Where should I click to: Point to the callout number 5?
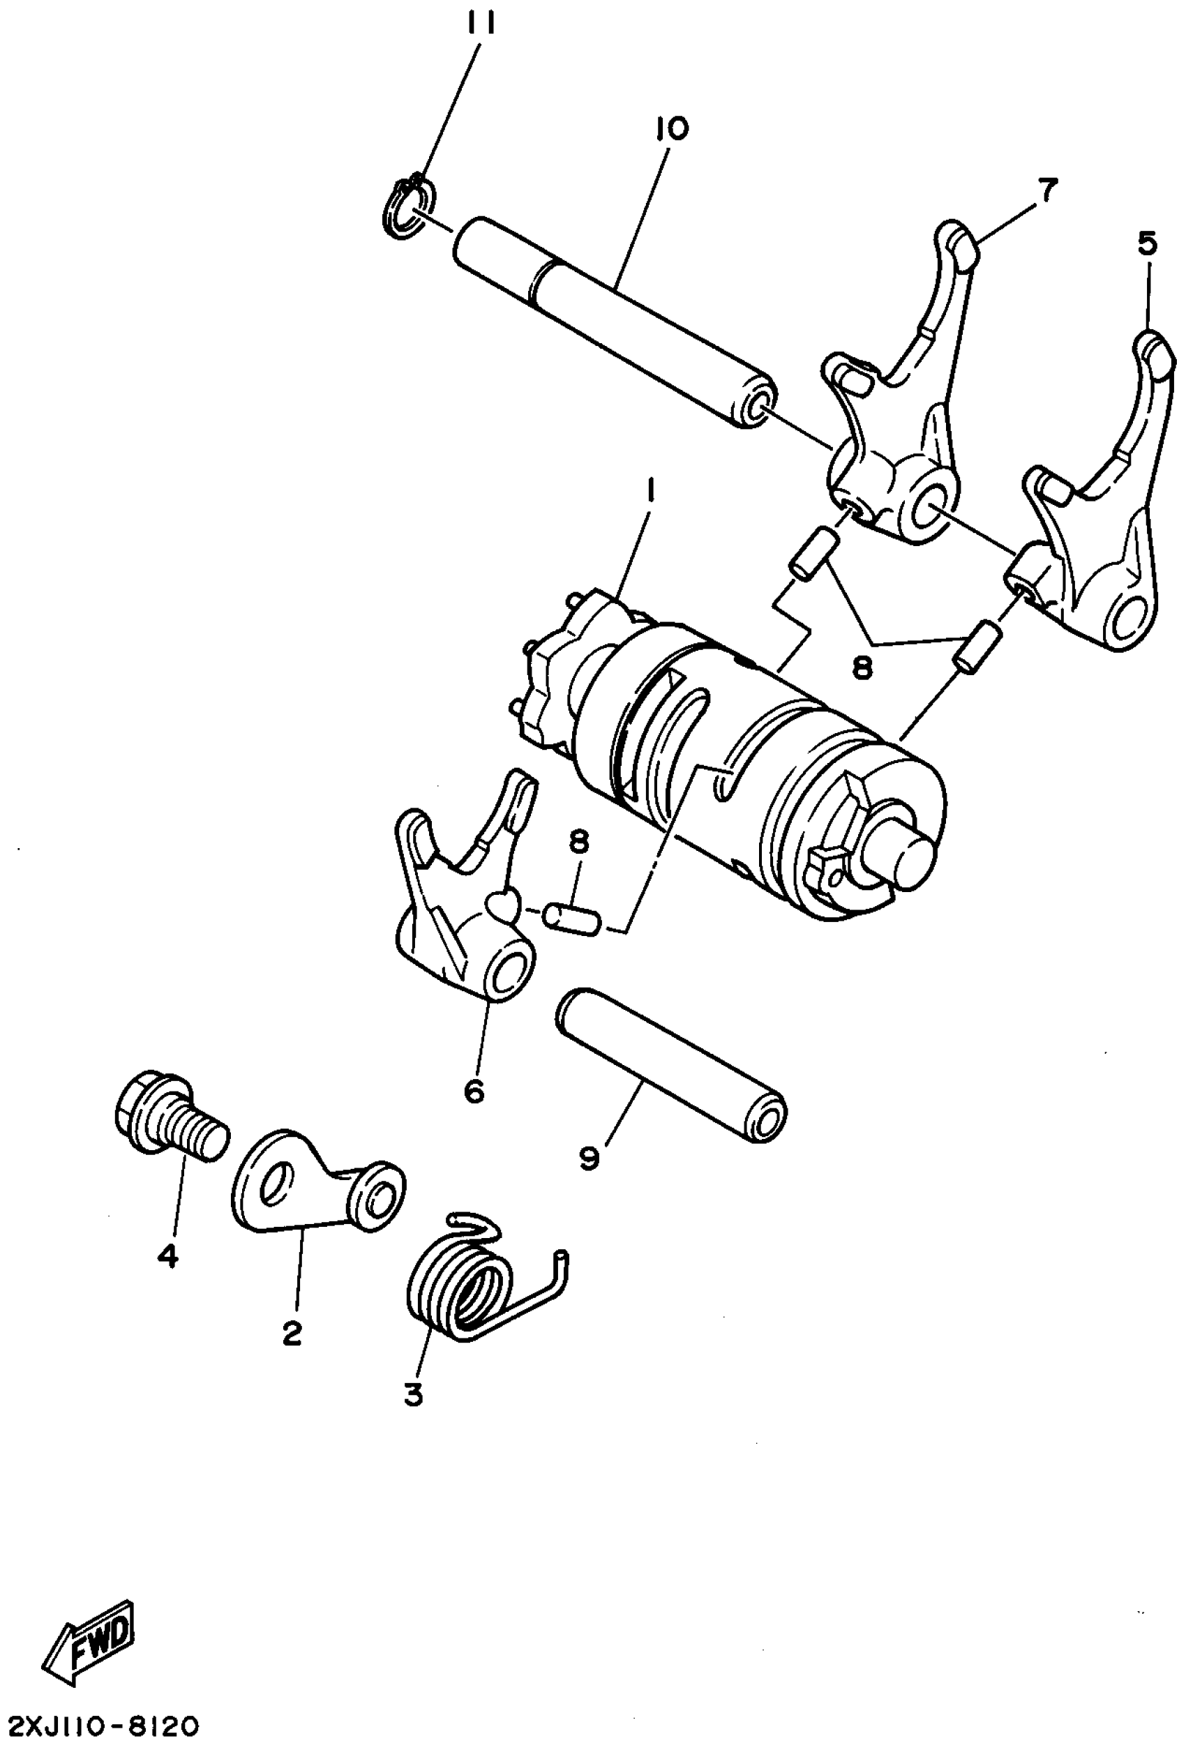pos(1147,243)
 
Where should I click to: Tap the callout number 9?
pos(589,1159)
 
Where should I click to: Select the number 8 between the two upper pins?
pos(863,667)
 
